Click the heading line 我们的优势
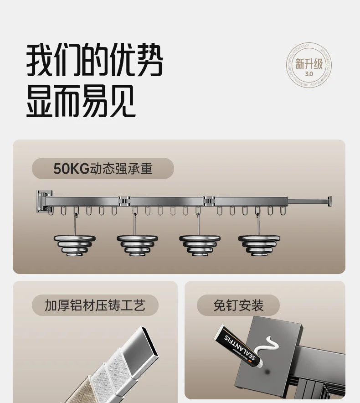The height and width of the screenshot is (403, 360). (x=94, y=60)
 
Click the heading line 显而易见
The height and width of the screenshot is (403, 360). (x=81, y=102)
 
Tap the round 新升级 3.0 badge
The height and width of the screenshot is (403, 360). (x=309, y=65)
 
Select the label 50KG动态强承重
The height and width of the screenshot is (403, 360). (x=103, y=168)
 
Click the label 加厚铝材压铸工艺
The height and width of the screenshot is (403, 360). (x=95, y=305)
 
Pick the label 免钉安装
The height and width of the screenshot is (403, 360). (x=238, y=305)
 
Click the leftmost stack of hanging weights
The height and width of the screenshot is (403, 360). (x=75, y=245)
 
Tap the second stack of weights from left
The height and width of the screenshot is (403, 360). (x=137, y=245)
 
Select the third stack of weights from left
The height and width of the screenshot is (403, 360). (x=200, y=245)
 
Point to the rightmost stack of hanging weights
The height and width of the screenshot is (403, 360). (x=258, y=245)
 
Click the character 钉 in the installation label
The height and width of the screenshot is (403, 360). (x=232, y=305)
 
